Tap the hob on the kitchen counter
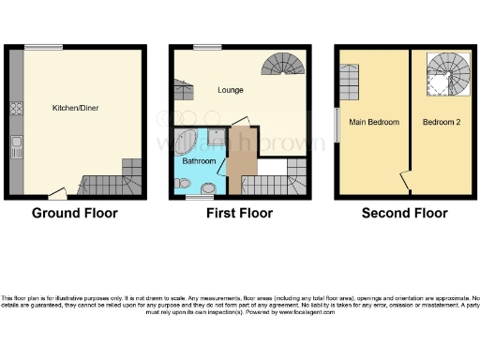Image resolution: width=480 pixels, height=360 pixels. [x=16, y=108]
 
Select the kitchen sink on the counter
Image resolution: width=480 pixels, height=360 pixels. [x=16, y=145]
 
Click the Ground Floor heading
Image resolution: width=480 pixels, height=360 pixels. [x=75, y=213]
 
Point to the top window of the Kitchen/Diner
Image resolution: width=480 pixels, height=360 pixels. [x=44, y=47]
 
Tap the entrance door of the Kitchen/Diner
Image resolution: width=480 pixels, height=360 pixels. [x=57, y=194]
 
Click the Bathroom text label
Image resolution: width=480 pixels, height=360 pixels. [x=200, y=161]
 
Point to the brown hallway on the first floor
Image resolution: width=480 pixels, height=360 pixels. [x=242, y=164]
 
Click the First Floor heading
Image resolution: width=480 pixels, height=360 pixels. [x=240, y=213]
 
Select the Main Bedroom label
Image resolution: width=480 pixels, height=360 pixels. [x=374, y=122]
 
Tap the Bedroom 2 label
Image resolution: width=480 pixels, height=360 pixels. [x=440, y=122]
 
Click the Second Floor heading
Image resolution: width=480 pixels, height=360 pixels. [x=404, y=213]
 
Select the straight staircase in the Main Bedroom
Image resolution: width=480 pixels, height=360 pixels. [x=352, y=82]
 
